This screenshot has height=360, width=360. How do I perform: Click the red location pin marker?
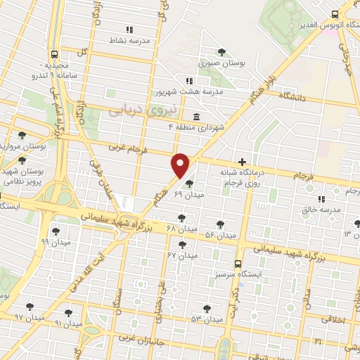[181, 165]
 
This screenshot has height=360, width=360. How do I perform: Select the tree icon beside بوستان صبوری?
[222, 52]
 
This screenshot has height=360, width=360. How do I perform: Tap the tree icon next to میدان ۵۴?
[220, 224]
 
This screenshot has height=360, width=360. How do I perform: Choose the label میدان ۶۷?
[180, 255]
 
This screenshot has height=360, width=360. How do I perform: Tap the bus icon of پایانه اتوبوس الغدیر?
[335, 14]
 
